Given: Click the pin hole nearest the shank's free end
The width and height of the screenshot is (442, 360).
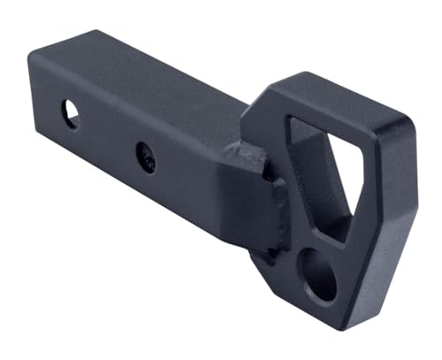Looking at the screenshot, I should click(x=70, y=112).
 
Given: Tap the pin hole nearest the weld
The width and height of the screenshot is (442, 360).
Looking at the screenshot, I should click(x=146, y=157).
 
